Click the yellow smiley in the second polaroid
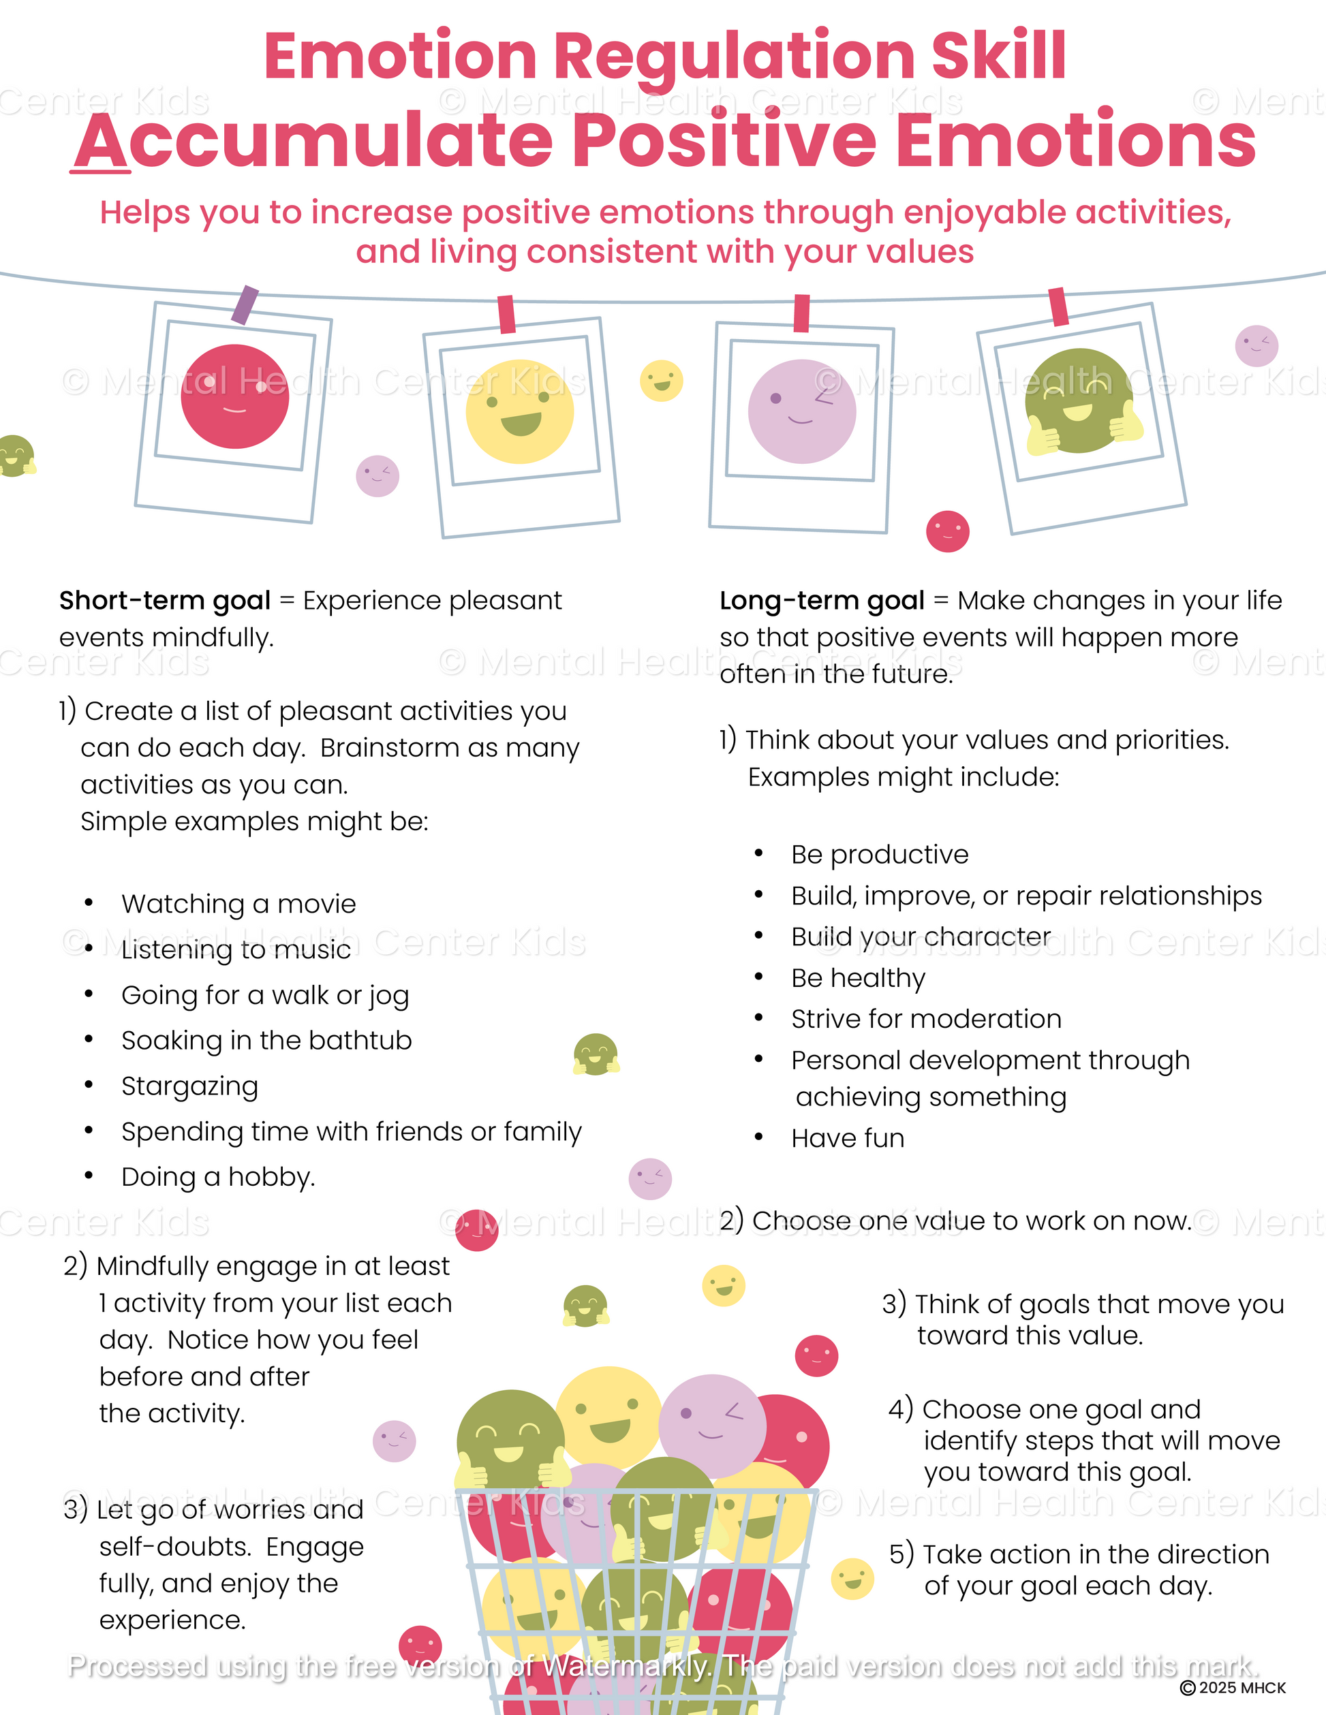pos(519,411)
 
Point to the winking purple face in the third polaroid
pos(801,411)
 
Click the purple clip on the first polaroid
pos(246,304)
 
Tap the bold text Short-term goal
pos(165,601)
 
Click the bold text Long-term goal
pos(822,601)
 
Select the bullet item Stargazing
pos(189,1086)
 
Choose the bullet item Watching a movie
pos(238,904)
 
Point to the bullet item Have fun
pos(848,1138)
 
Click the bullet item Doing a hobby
pos(217,1177)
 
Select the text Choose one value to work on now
pos(971,1221)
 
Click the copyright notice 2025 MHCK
pos(1233,1688)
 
